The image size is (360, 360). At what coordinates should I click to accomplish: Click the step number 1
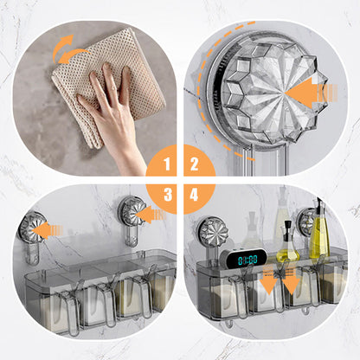point(167,164)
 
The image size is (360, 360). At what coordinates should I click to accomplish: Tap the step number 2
point(195,164)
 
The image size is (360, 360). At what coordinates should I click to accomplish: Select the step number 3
point(168,195)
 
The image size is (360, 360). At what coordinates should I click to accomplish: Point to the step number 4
point(194,195)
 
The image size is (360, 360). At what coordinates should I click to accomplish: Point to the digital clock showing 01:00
point(243,258)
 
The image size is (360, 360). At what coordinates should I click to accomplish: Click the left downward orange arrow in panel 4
point(269,280)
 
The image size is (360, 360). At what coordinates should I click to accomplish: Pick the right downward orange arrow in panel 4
point(291,280)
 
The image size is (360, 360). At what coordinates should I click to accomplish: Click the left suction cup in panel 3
point(29,227)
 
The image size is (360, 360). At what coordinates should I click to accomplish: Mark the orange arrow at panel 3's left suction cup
point(47,230)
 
